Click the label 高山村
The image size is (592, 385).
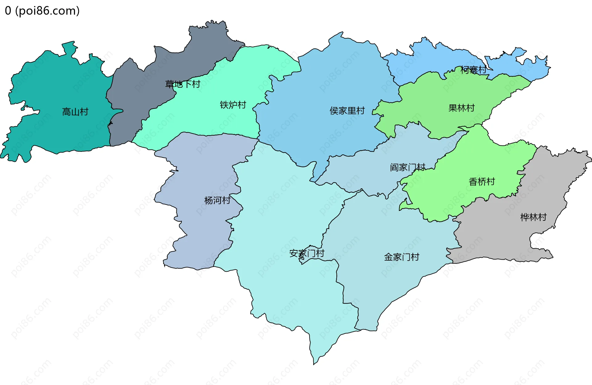tap(75, 112)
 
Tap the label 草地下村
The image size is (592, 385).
tap(183, 84)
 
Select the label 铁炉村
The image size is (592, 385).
tap(233, 105)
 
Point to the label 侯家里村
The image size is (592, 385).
tap(347, 111)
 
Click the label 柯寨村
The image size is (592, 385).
tap(473, 70)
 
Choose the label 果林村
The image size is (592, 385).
tap(461, 108)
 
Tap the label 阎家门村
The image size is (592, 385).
tap(407, 167)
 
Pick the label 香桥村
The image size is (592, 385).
tap(482, 182)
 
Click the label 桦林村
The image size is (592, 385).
tap(533, 217)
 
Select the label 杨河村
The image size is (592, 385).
tap(217, 200)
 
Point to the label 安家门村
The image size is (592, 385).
tap(306, 253)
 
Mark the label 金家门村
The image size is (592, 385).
tap(401, 257)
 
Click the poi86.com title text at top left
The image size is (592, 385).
tap(42, 11)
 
